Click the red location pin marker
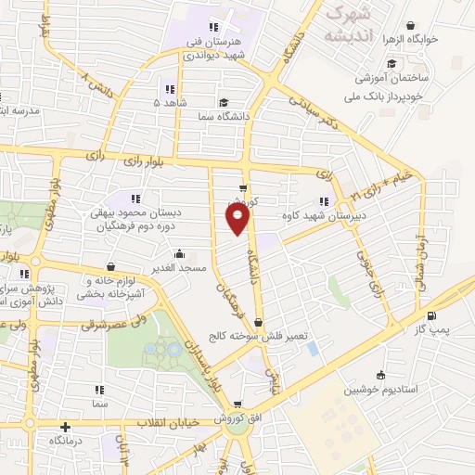click(238, 219)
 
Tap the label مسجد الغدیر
click(179, 268)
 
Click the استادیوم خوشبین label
click(379, 391)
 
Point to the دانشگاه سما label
click(222, 118)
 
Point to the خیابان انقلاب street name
click(168, 421)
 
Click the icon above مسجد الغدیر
click(178, 252)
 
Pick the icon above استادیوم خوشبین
click(380, 375)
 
